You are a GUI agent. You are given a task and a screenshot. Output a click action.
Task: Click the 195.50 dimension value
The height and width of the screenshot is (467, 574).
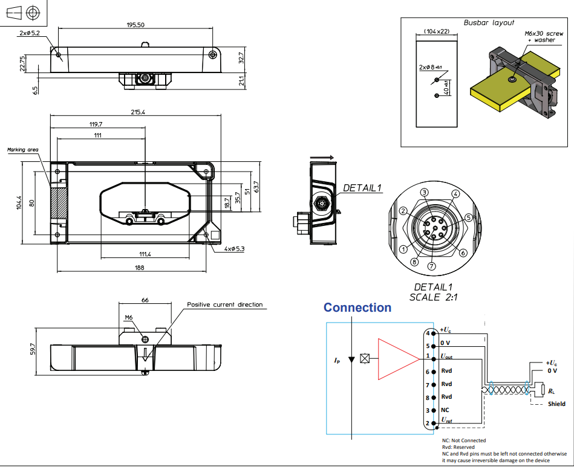click(135, 25)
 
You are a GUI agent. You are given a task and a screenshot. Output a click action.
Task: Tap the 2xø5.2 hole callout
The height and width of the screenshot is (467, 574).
click(29, 33)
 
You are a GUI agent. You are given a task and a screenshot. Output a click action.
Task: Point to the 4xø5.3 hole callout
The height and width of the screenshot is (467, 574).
click(233, 249)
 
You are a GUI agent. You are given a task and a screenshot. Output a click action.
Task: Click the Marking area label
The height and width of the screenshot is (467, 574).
click(23, 149)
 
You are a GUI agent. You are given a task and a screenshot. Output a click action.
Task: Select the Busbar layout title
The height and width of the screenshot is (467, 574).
click(489, 23)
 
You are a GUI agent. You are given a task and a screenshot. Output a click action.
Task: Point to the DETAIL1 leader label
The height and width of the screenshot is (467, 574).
click(363, 188)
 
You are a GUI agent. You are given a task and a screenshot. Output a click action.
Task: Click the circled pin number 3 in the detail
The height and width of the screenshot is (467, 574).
click(425, 192)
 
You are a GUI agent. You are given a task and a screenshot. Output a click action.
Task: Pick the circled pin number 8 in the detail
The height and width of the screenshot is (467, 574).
click(414, 262)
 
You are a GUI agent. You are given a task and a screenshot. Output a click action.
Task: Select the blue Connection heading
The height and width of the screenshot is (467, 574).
click(357, 308)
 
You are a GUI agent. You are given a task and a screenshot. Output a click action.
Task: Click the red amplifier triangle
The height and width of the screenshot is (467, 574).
click(394, 359)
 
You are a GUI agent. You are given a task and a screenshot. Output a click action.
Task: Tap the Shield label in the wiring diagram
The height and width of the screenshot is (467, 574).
click(556, 404)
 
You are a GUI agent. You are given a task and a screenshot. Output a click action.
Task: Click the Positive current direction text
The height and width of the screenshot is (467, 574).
click(224, 304)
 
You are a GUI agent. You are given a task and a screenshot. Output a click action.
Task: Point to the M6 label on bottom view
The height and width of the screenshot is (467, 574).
click(128, 317)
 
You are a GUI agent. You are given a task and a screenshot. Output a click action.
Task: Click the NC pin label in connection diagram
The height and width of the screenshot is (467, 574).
click(445, 410)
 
